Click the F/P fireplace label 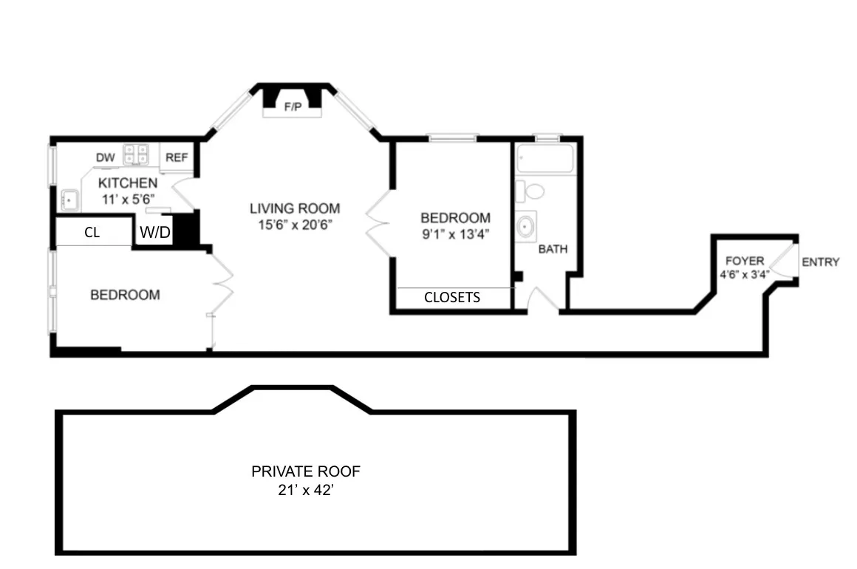tap(293, 107)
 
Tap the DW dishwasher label tap(104, 157)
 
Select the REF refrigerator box tap(177, 157)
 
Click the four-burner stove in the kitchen tap(136, 154)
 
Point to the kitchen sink tap(71, 199)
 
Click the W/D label tap(155, 234)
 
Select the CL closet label tap(92, 233)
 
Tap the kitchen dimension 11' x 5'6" tap(128, 199)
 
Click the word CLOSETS tap(452, 298)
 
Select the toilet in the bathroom tap(530, 191)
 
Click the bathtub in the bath tap(546, 158)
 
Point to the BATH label tap(553, 249)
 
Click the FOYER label tap(744, 261)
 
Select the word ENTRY tap(820, 262)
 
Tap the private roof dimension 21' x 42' tap(306, 488)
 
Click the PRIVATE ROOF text tap(306, 471)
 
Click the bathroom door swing tap(544, 299)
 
